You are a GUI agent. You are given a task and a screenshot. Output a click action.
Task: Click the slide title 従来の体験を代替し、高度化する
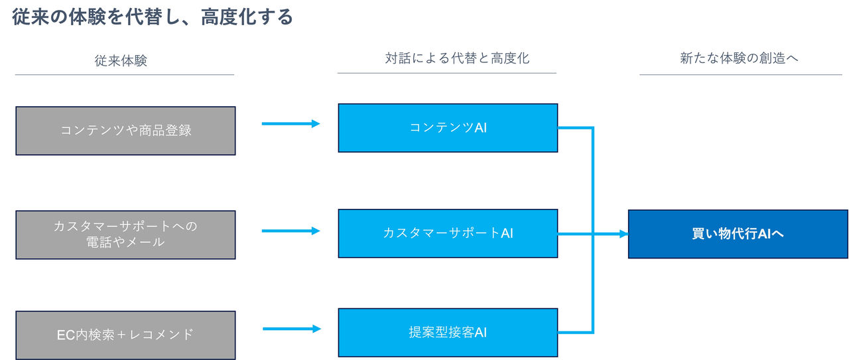pos(153,17)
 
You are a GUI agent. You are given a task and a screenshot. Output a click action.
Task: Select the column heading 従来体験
pos(121,61)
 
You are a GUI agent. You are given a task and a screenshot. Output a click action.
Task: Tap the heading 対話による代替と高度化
pos(457,58)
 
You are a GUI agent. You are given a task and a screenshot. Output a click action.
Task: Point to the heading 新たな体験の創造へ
pos(739,58)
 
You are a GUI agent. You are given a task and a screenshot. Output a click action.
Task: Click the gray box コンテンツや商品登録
pos(125,131)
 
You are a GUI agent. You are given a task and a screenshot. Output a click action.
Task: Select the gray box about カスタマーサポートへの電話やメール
pos(125,235)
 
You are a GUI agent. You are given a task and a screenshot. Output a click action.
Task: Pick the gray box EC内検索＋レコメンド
pos(125,335)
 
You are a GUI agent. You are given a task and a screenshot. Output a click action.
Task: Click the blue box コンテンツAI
pos(448,127)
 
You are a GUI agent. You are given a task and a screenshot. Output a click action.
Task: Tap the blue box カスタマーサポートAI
pos(448,233)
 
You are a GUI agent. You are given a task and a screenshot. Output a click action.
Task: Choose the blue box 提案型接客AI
pos(448,332)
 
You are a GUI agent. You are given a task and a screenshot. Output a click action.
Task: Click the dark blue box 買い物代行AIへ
pos(738,234)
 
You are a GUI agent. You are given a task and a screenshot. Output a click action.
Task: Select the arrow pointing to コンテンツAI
pos(291,123)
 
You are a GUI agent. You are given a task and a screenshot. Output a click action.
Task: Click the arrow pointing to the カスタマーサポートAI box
pos(291,231)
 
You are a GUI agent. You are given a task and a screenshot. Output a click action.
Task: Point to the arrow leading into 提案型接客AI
pos(291,328)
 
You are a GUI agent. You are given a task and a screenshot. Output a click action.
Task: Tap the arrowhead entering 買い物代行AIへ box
pos(623,234)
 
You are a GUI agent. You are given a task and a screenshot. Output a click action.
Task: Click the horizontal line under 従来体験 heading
pos(125,74)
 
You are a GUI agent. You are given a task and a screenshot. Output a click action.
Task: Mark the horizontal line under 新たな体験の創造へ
pos(740,74)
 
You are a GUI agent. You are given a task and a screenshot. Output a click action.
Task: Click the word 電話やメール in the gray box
pos(125,243)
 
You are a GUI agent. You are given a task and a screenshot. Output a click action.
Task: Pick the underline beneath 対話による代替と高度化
pos(446,73)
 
